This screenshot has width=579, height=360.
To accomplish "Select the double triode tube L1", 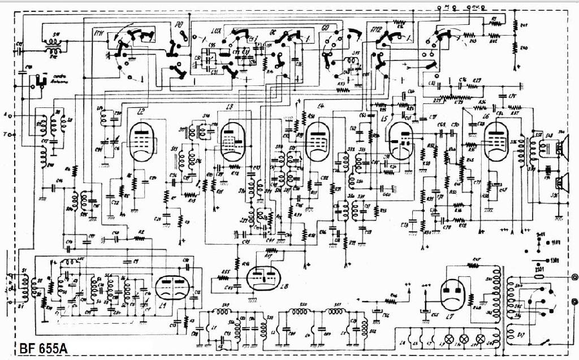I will tap(171, 288).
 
